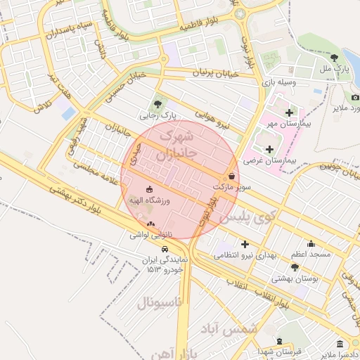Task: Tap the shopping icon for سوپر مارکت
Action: [232, 176]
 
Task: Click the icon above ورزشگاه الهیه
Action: [149, 190]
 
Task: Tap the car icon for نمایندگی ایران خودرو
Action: [165, 249]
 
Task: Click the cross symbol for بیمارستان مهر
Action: [289, 112]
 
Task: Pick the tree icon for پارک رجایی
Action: [157, 103]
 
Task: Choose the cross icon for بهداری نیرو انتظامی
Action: [245, 244]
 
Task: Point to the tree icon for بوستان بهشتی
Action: [295, 267]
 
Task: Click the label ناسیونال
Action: [158, 303]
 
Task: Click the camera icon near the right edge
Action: [355, 97]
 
